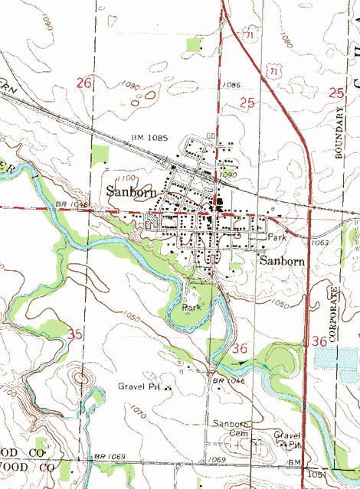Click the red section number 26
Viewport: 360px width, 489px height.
[85, 82]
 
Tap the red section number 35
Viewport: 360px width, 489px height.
[75, 334]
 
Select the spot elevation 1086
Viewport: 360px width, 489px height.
[231, 84]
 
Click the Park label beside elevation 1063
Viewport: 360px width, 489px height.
[277, 238]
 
